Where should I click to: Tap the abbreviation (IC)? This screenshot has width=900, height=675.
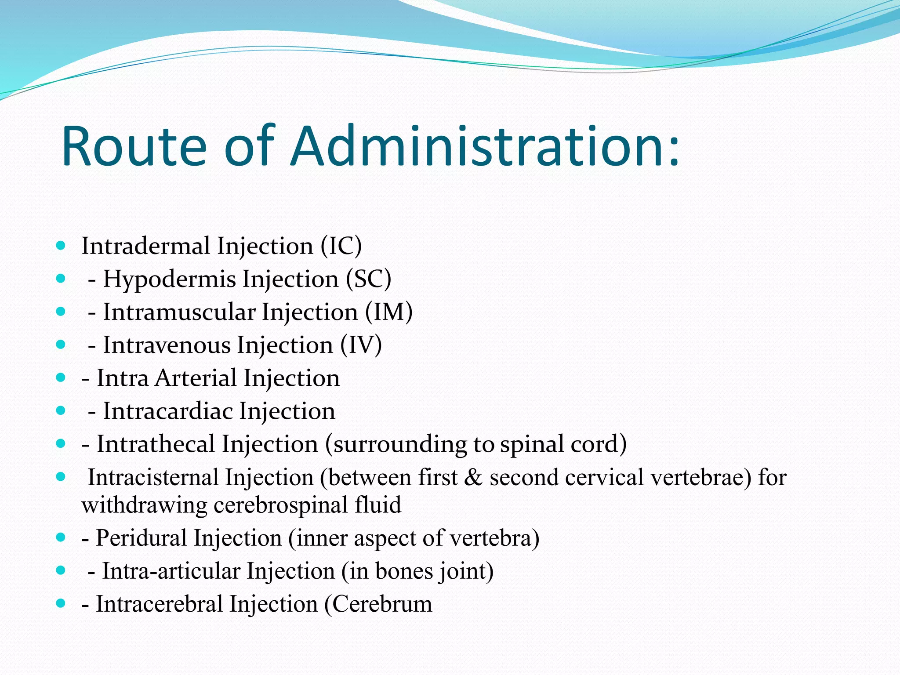(341, 246)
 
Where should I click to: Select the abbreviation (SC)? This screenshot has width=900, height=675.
(368, 279)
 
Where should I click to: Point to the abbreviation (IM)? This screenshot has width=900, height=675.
(388, 312)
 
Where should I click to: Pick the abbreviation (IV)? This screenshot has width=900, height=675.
(361, 345)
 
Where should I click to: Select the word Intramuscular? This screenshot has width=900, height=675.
(179, 312)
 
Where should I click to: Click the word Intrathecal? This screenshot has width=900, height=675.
(156, 444)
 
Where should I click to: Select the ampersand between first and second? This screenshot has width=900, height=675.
(473, 478)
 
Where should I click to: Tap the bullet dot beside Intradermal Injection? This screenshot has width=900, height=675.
(61, 245)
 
